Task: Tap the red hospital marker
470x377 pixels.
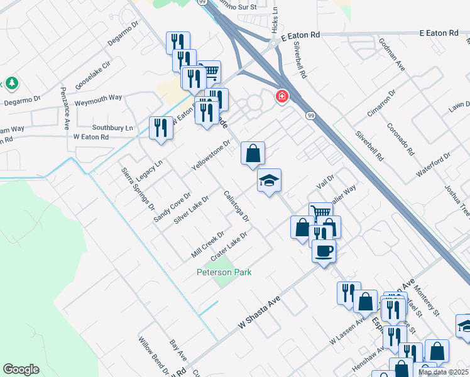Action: point(282,96)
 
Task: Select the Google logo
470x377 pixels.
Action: point(21,369)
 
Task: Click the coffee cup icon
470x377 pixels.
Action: point(324,251)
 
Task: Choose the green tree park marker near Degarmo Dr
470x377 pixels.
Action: point(12,83)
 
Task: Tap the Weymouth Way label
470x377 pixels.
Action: point(98,98)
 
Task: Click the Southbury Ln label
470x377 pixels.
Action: point(113,127)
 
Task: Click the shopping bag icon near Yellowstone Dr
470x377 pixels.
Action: point(253,153)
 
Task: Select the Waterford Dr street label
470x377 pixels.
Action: point(434,165)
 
